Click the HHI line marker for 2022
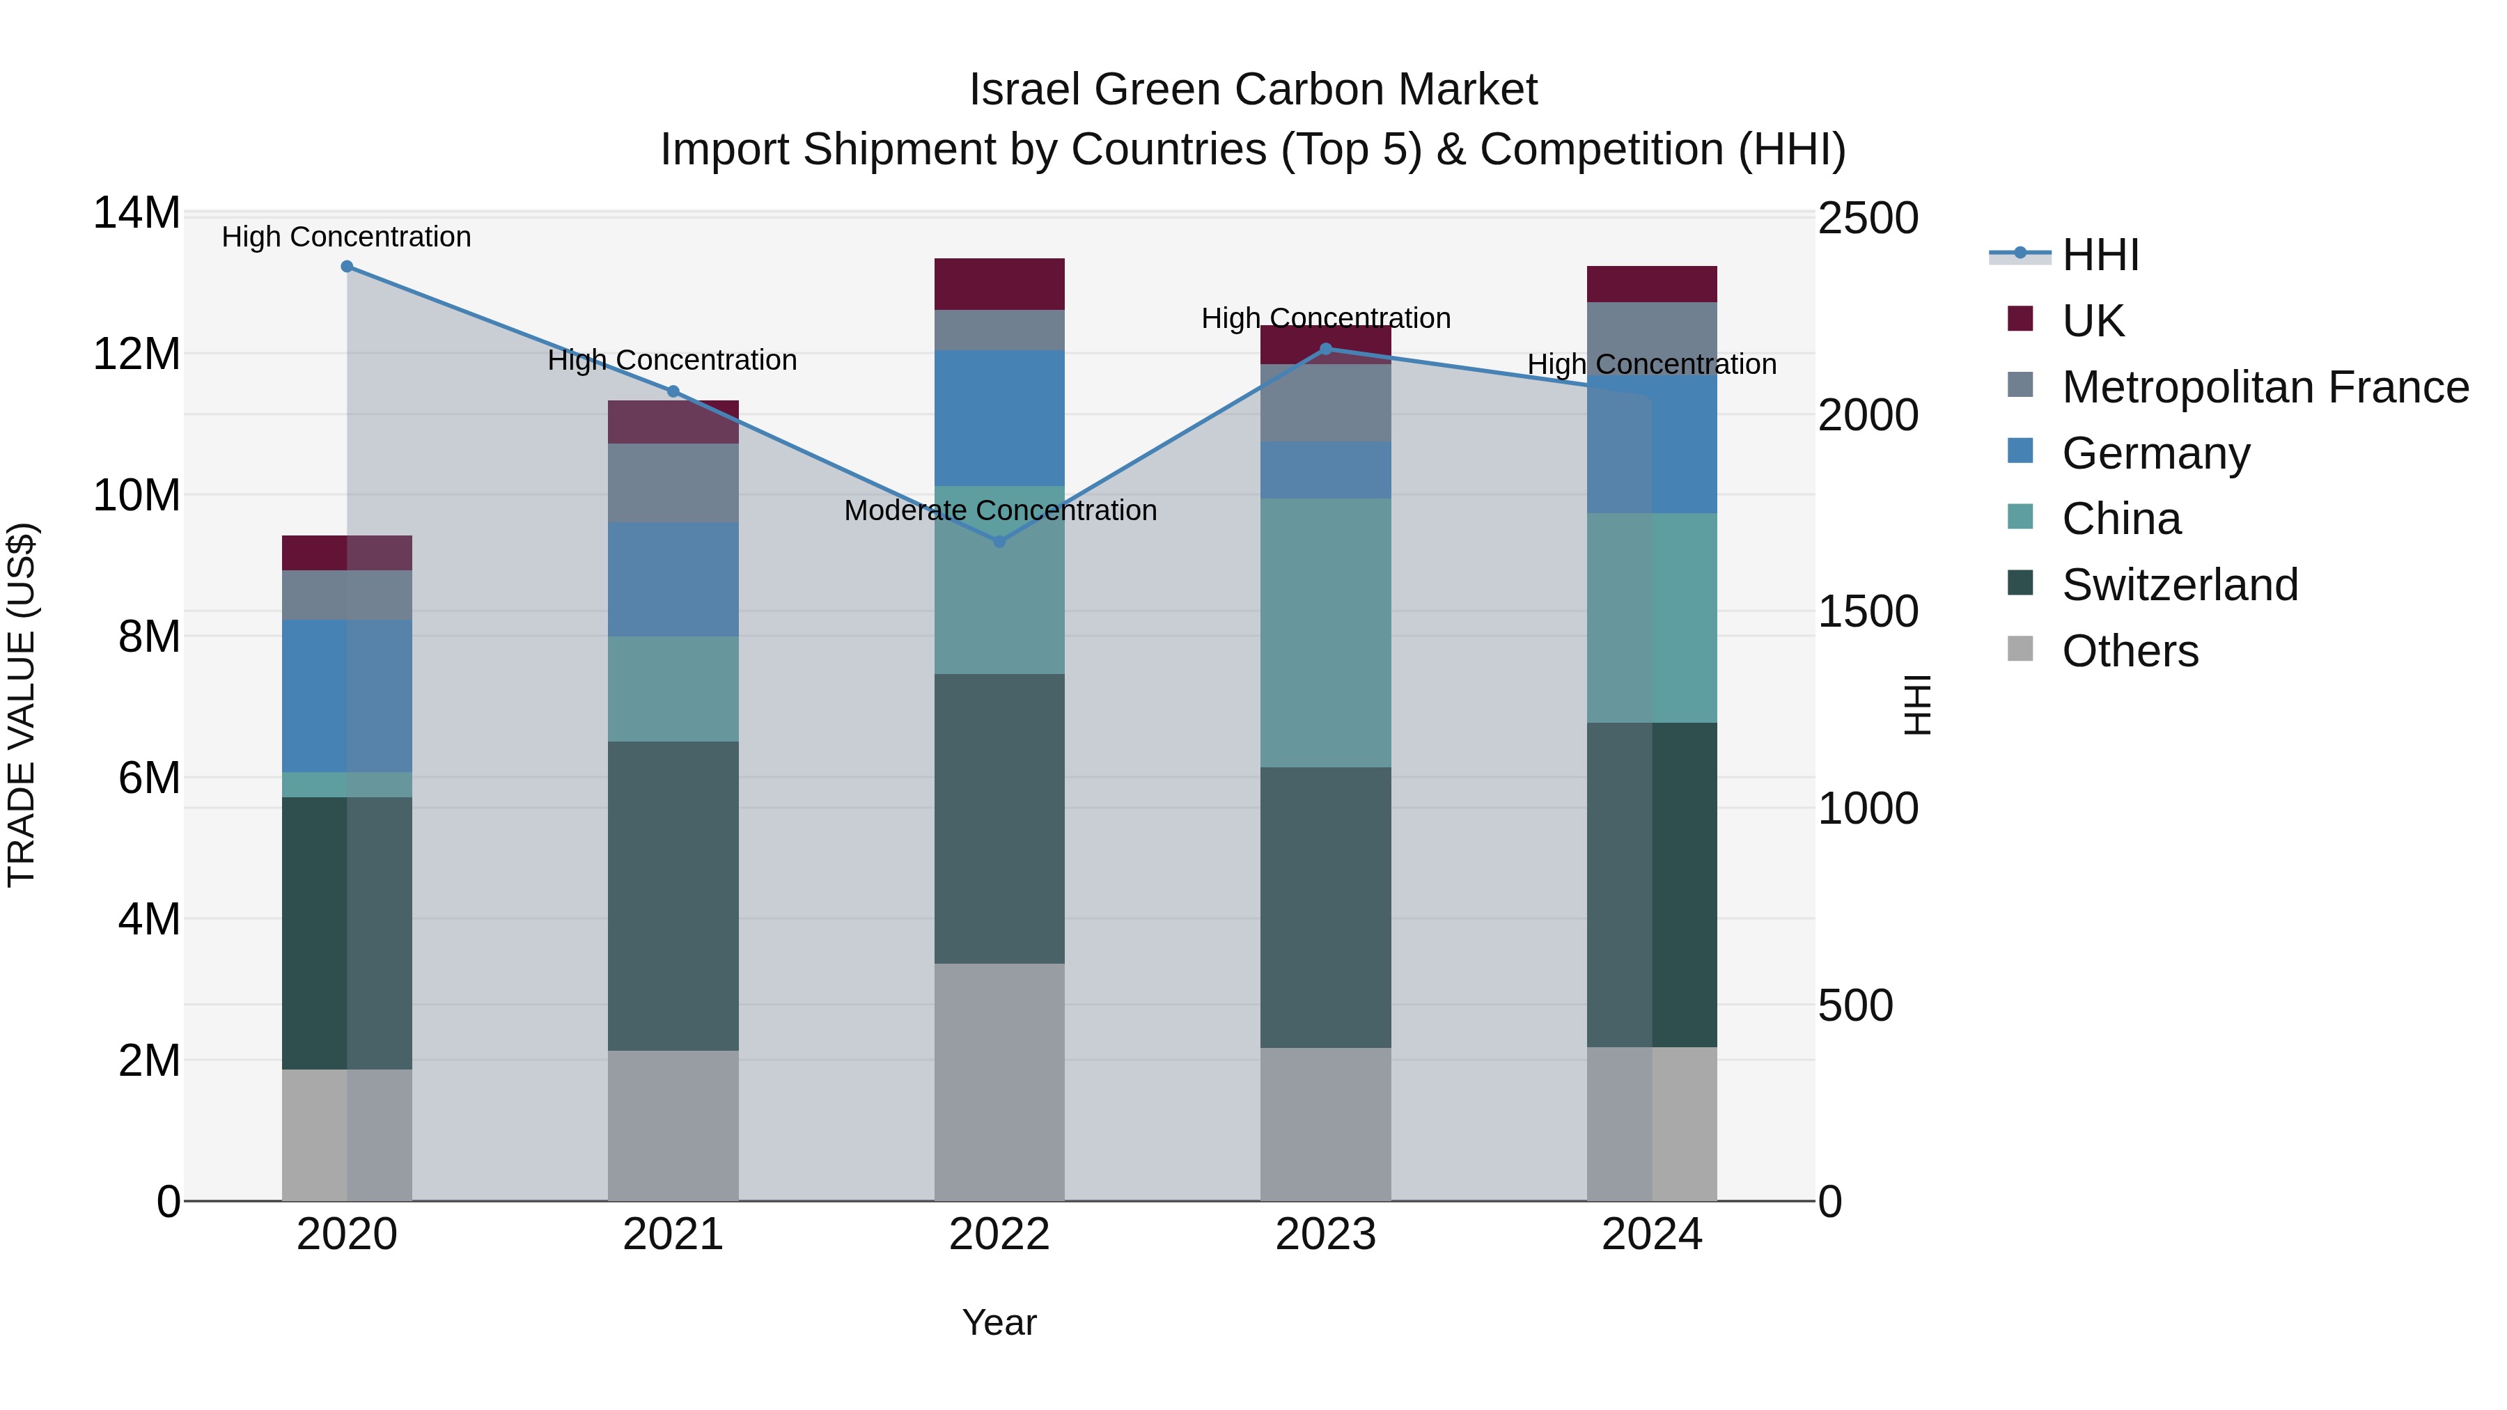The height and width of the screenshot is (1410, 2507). tap(999, 541)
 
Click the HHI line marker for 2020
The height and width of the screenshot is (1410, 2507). tap(347, 267)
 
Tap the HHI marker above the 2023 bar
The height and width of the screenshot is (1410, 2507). tap(1325, 348)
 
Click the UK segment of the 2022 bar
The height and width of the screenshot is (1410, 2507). tap(999, 284)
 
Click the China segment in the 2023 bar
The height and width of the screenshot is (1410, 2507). tap(1325, 632)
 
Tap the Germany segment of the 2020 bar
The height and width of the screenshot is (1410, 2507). tap(347, 695)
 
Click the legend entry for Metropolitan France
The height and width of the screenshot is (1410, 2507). tap(2264, 387)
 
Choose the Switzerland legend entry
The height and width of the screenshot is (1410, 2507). tap(2179, 585)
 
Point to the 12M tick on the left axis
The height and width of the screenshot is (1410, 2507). tap(136, 354)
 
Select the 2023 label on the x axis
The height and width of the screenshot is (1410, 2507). tap(1325, 1235)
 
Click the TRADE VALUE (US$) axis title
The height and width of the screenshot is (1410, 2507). tap(22, 705)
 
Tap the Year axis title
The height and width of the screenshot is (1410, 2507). tap(999, 1322)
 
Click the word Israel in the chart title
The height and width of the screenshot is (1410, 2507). tap(1024, 90)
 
